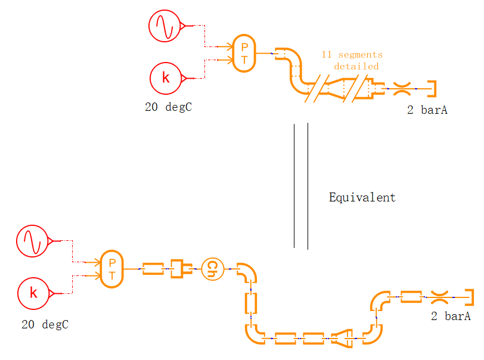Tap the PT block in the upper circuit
(x=244, y=54)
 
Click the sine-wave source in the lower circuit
(x=32, y=241)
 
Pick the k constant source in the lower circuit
(x=33, y=293)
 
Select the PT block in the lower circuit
(x=112, y=269)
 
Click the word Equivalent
(x=362, y=197)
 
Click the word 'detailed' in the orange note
(x=356, y=66)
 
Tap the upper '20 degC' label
(x=168, y=108)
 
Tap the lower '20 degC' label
(x=45, y=325)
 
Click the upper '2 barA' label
(x=427, y=110)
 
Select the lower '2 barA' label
(x=451, y=316)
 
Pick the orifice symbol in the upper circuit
(x=403, y=89)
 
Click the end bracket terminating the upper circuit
(x=433, y=89)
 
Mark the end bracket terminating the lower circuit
(x=470, y=296)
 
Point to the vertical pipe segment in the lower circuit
(x=251, y=303)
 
